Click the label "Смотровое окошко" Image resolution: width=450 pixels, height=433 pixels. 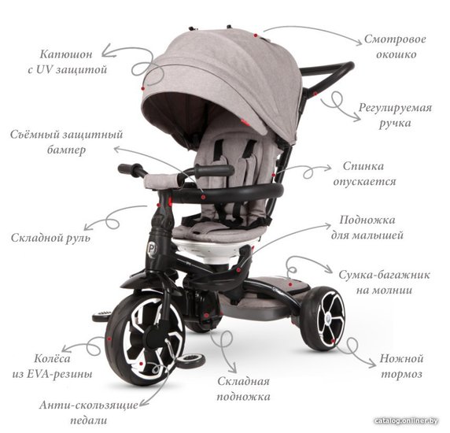(395, 46)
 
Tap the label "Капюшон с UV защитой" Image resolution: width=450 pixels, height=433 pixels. (67, 61)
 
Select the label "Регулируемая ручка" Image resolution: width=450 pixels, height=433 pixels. (395, 116)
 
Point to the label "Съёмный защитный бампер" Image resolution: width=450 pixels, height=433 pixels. (67, 142)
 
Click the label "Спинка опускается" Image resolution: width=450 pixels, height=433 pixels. (364, 174)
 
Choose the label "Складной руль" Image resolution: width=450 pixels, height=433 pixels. (50, 238)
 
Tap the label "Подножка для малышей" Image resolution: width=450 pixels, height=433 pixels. (367, 228)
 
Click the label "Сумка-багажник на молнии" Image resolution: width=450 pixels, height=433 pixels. (384, 283)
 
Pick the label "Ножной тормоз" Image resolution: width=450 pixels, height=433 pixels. (401, 366)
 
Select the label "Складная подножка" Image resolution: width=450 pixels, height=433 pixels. (243, 389)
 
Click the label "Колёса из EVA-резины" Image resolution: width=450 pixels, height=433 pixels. (52, 366)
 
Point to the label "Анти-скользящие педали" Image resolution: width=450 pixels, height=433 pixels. (89, 413)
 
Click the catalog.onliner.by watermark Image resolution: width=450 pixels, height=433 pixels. (407, 421)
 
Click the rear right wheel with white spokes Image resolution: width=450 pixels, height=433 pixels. (323, 318)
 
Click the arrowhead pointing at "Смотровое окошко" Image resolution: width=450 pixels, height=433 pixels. (359, 43)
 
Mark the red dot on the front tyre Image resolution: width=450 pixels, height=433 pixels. (109, 339)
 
